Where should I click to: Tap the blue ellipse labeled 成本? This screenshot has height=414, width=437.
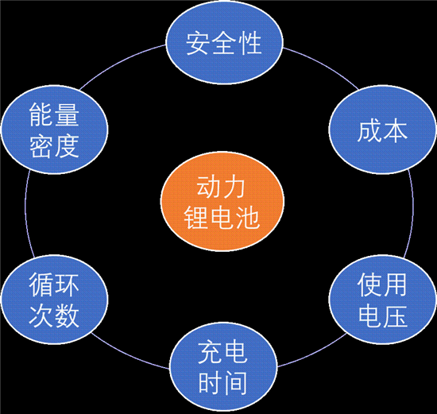tap(381, 130)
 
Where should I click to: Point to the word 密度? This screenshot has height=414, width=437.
tap(54, 145)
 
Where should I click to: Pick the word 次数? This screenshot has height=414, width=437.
tap(54, 315)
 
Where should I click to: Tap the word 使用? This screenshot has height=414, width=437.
tap(383, 283)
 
